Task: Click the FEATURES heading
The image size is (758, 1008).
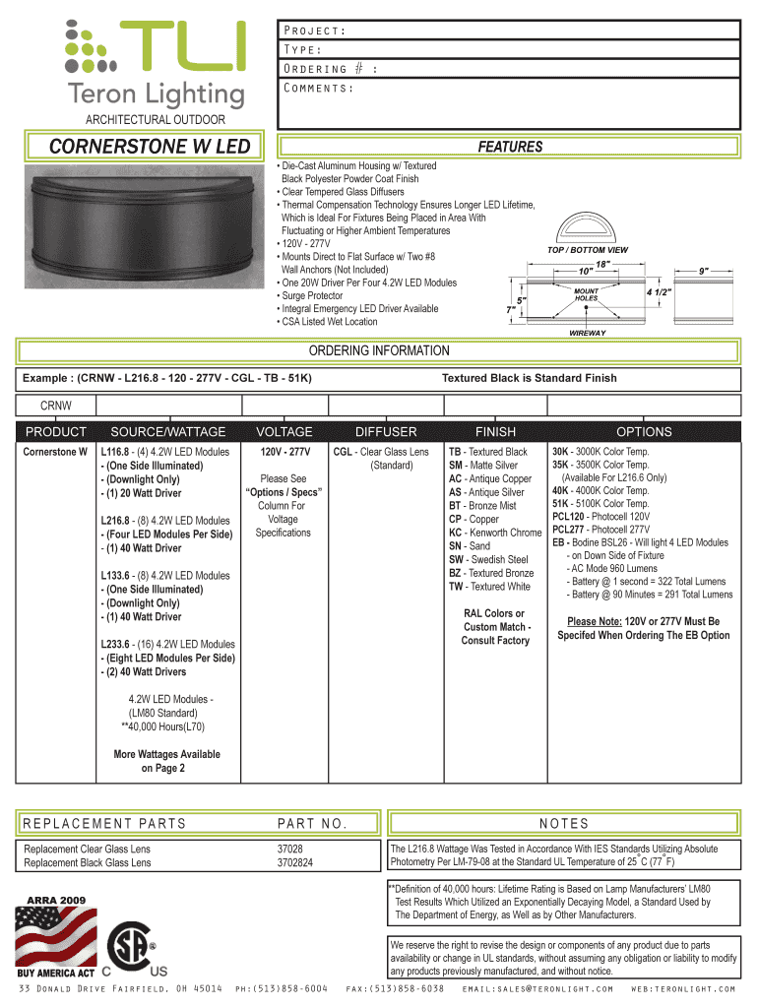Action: [510, 147]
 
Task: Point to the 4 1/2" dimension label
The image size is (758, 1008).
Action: [659, 292]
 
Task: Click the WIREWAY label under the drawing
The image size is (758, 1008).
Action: [588, 333]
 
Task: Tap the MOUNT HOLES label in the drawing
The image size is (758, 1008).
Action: [587, 295]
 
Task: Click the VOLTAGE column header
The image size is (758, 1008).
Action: [284, 432]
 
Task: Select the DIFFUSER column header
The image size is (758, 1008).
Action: [386, 432]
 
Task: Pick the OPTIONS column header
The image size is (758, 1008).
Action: [644, 432]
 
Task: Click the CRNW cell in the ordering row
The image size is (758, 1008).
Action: [55, 406]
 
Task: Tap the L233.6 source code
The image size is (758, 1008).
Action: [115, 645]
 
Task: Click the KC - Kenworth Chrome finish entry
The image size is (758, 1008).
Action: [495, 533]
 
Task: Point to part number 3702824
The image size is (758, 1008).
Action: [295, 862]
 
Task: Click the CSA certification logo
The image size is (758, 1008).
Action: [132, 949]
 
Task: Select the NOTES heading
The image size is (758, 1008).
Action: [564, 824]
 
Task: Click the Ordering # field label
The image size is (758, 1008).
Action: [329, 69]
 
